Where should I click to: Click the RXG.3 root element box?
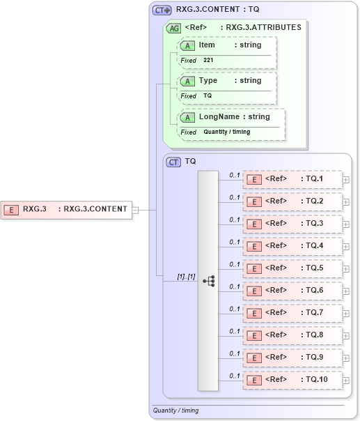pyautogui.click(x=66, y=208)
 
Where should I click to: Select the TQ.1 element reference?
pyautogui.click(x=292, y=179)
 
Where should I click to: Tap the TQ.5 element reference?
pyautogui.click(x=292, y=268)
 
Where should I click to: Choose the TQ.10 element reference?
pyautogui.click(x=292, y=380)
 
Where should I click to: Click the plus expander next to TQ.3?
pyautogui.click(x=345, y=224)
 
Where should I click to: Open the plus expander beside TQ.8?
pyautogui.click(x=345, y=336)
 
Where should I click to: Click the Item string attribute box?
pyautogui.click(x=228, y=45)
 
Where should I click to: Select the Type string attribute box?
pyautogui.click(x=228, y=81)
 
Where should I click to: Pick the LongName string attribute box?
pyautogui.click(x=232, y=117)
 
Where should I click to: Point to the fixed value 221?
pyautogui.click(x=209, y=61)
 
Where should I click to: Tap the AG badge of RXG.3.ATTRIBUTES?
pyautogui.click(x=172, y=28)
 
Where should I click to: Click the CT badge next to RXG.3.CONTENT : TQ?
pyautogui.click(x=162, y=10)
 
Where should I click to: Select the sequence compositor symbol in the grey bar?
pyautogui.click(x=208, y=280)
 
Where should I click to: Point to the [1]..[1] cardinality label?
pyautogui.click(x=186, y=277)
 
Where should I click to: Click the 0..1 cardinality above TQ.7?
pyautogui.click(x=235, y=309)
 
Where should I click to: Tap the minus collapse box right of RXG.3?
pyautogui.click(x=136, y=208)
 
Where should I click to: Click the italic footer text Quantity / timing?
pyautogui.click(x=176, y=411)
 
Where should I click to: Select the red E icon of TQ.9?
pyautogui.click(x=255, y=358)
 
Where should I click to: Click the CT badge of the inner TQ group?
pyautogui.click(x=173, y=162)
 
